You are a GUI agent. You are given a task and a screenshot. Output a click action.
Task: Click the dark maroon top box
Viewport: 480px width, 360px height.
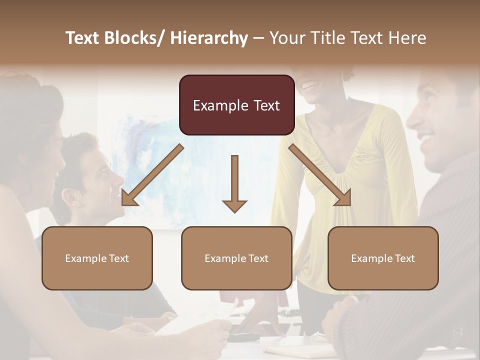[236, 105]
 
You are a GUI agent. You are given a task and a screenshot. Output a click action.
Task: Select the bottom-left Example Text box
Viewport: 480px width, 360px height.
[97, 258]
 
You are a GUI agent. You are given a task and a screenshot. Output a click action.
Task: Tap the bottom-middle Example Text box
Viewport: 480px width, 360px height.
[236, 258]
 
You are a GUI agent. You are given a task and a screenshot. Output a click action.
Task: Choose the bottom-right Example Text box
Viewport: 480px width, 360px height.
[383, 258]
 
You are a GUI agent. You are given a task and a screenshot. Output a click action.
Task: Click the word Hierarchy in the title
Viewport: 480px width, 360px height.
[209, 38]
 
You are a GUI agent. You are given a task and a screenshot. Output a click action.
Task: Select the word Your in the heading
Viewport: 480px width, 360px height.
[287, 38]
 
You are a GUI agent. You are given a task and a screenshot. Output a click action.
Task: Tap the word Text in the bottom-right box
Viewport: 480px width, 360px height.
[404, 258]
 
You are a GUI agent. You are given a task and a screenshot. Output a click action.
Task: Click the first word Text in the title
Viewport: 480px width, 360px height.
[82, 38]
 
